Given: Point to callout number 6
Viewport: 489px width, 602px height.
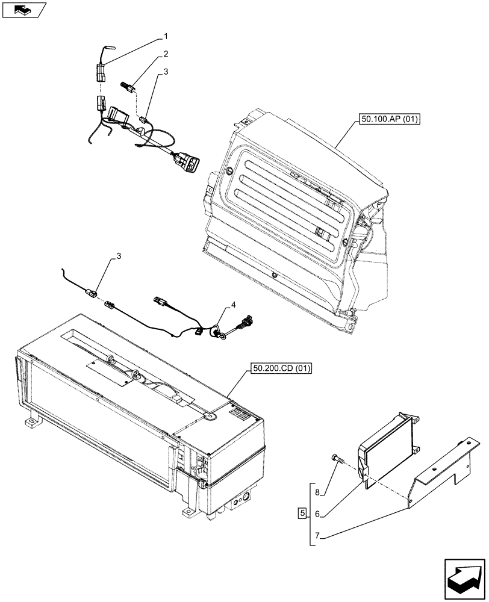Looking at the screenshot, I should pyautogui.click(x=318, y=514).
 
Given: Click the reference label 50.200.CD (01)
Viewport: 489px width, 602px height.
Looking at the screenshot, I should pyautogui.click(x=278, y=368).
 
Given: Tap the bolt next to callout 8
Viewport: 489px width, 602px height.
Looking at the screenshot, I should pyautogui.click(x=337, y=461).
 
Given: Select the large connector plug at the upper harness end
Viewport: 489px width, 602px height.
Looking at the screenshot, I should pyautogui.click(x=188, y=161).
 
